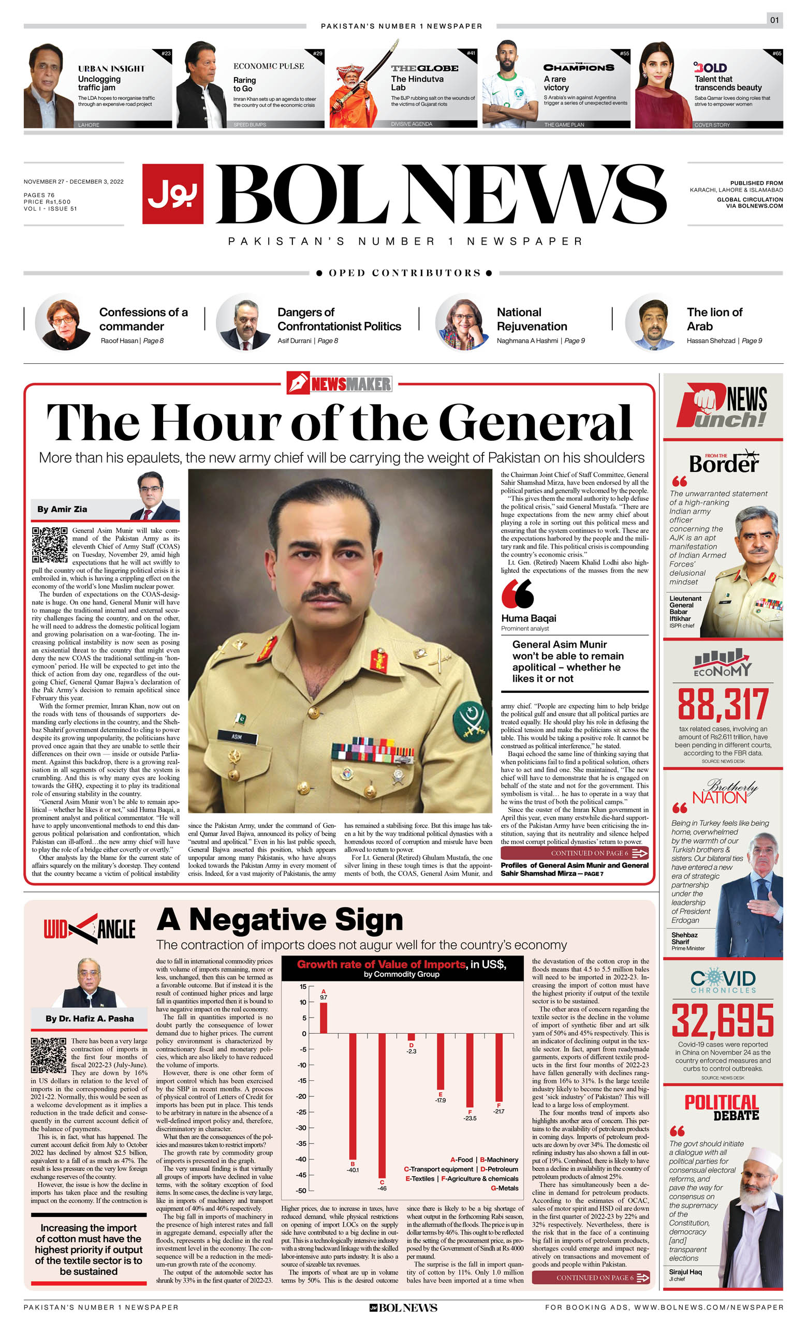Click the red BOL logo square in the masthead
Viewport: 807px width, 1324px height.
(x=172, y=194)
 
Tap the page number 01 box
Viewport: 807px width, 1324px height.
(x=774, y=20)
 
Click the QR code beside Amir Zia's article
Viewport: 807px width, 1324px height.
(x=50, y=544)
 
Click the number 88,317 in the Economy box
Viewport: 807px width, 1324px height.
(x=723, y=705)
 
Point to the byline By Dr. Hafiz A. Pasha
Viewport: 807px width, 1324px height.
(x=89, y=1018)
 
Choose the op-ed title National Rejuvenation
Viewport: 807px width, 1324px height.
(x=532, y=319)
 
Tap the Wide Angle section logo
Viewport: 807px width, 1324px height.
(x=89, y=929)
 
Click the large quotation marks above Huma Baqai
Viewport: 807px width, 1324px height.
(x=517, y=594)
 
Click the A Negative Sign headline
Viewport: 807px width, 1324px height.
(x=280, y=920)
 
